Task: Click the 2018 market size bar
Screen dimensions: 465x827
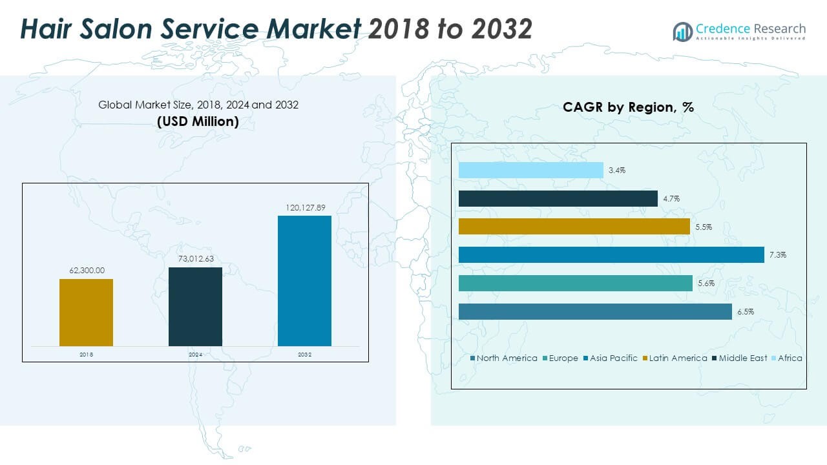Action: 86,313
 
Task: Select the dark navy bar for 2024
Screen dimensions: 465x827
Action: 195,307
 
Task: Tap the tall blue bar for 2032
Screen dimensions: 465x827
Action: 304,281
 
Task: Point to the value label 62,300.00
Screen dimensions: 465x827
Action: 87,270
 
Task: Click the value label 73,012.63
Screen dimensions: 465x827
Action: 195,258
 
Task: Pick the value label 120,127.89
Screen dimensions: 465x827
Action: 304,207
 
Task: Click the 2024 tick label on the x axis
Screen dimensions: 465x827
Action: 195,355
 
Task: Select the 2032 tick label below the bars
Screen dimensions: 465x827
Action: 304,355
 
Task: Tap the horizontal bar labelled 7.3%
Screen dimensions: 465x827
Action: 611,255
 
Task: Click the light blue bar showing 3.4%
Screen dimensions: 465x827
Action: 530,170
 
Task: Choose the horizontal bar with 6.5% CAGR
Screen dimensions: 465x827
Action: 595,311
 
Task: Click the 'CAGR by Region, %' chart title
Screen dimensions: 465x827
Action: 628,107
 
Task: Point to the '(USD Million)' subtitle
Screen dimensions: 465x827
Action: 198,121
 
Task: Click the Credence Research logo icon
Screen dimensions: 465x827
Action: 682,31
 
